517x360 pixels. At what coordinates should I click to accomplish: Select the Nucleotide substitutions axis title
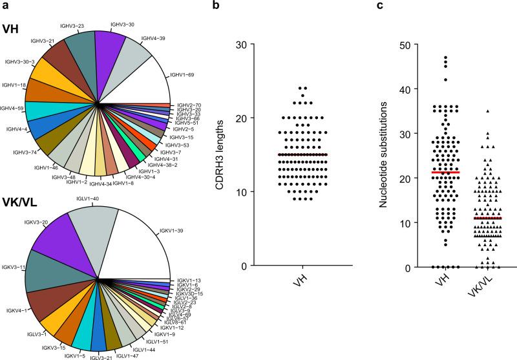(383, 156)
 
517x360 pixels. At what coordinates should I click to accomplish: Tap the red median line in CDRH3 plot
(302, 154)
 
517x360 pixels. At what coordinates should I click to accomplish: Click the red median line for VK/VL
(488, 218)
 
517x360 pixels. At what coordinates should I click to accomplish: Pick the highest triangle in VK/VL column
(488, 111)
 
